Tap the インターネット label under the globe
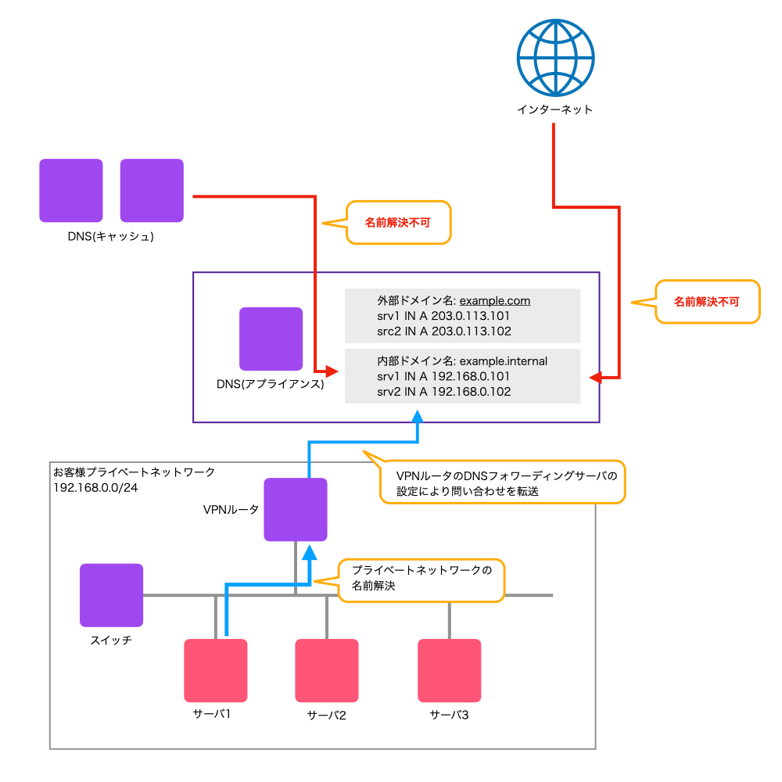[555, 109]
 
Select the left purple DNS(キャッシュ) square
[71, 191]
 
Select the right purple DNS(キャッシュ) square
[152, 191]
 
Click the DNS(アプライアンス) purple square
[271, 339]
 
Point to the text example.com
[495, 300]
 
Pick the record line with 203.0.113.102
[443, 331]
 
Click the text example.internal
[504, 361]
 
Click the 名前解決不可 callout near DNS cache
[397, 223]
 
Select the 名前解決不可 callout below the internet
[706, 300]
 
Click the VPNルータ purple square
[296, 510]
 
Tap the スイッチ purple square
[112, 595]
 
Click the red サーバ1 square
[216, 671]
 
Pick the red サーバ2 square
[327, 671]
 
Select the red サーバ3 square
[449, 671]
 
